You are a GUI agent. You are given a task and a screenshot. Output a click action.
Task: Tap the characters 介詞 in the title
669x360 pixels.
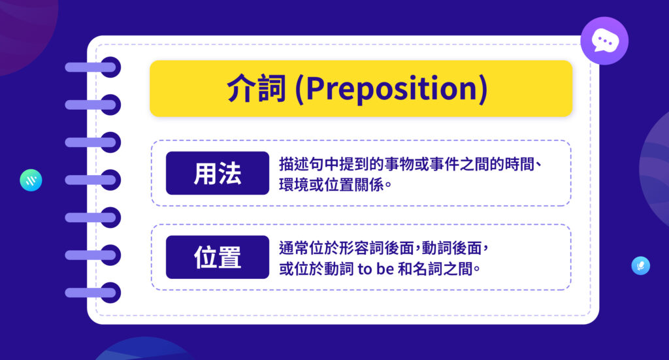point(257,90)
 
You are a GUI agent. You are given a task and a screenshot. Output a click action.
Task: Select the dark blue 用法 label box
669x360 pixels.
point(218,173)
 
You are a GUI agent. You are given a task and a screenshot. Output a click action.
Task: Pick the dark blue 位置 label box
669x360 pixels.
point(218,257)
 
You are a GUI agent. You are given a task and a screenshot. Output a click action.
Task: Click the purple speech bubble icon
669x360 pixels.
point(604,41)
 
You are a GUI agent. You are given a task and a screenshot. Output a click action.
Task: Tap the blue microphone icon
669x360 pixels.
point(640,265)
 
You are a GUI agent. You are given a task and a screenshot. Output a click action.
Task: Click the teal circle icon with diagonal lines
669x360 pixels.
point(31,180)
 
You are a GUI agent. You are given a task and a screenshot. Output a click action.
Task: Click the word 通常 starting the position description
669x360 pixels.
point(291,248)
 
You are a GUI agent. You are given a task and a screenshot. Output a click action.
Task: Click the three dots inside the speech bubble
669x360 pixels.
point(604,40)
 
